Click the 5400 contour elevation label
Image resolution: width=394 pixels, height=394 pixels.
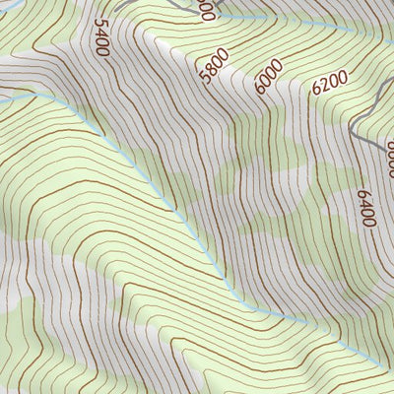click(101, 36)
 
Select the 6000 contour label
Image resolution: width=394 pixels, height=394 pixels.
click(268, 76)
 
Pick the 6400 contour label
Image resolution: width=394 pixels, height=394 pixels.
click(366, 207)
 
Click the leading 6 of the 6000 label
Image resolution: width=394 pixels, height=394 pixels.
click(260, 87)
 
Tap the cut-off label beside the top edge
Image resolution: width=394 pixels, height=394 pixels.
click(205, 9)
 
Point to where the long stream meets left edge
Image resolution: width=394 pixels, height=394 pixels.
click(2, 99)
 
